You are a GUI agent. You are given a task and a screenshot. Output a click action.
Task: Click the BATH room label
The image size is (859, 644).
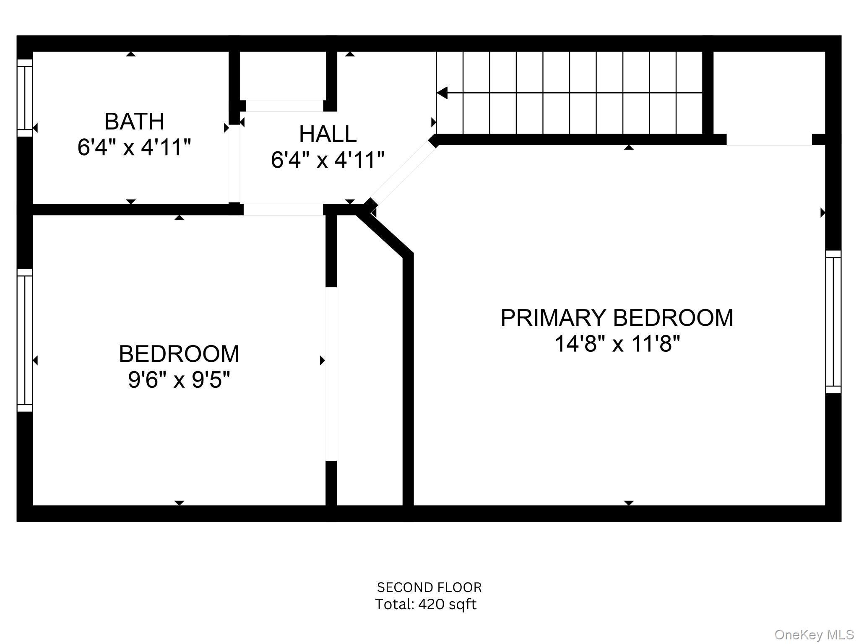[x=134, y=122]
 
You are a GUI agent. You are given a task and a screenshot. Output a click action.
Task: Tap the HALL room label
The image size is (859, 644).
[x=328, y=134]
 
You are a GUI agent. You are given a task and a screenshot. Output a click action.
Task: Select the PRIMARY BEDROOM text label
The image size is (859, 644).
[x=617, y=318]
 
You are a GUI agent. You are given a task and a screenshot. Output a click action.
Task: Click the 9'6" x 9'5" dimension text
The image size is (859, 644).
[x=179, y=380]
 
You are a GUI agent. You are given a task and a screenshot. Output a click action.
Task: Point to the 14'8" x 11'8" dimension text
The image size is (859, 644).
[x=617, y=344]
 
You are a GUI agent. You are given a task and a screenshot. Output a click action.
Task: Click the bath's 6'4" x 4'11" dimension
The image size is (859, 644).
[x=134, y=148]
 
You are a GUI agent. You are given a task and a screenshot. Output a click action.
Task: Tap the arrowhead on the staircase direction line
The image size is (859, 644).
[x=442, y=93]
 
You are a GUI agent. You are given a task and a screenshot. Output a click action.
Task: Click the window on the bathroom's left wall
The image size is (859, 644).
[x=24, y=98]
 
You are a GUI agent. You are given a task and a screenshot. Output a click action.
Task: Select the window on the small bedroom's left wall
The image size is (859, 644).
[x=24, y=340]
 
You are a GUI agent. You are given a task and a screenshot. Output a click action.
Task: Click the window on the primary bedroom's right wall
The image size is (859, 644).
[x=833, y=322]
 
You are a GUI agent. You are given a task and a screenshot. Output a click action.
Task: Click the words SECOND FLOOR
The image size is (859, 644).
[x=429, y=587]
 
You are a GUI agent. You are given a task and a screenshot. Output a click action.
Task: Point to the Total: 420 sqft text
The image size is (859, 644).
[x=425, y=605]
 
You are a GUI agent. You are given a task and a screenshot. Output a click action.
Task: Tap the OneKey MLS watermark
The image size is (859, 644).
[x=814, y=635]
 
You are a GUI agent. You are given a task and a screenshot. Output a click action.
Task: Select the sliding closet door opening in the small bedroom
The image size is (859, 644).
[x=331, y=374]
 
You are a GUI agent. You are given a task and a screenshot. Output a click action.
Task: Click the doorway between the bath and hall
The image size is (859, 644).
[x=234, y=164]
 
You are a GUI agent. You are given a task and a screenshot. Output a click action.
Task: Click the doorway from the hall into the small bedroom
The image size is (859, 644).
[x=283, y=210]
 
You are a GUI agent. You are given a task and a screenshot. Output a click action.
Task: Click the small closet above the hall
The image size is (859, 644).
[x=284, y=75]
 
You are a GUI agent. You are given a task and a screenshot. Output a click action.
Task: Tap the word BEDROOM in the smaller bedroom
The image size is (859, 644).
[x=179, y=354]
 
